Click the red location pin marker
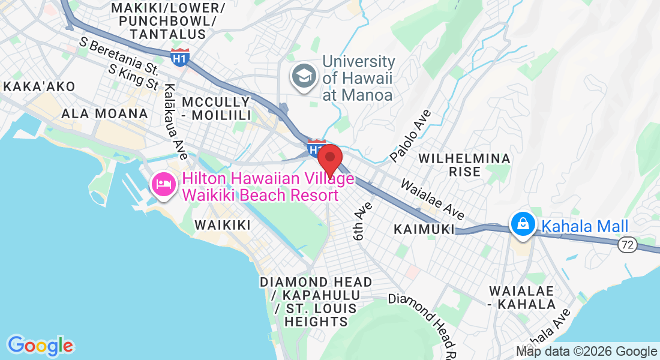click(x=329, y=159)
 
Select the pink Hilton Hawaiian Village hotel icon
click(x=163, y=184)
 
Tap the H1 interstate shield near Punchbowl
click(x=180, y=57)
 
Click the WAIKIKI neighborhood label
click(x=222, y=225)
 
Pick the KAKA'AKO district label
click(x=39, y=86)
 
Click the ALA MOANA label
click(x=104, y=113)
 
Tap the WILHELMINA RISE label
click(x=464, y=165)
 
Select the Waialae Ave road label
click(x=432, y=198)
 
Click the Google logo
click(x=40, y=346)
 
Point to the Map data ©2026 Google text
click(x=587, y=352)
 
